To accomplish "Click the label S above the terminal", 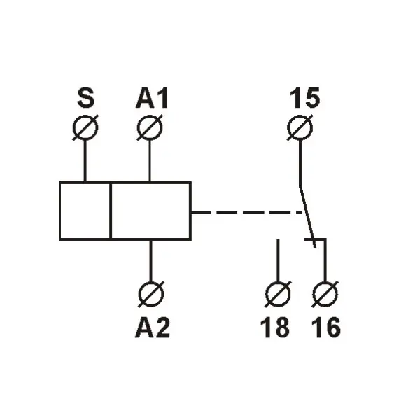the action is tap(86, 97).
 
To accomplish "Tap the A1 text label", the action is tap(152, 98).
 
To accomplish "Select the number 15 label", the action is tap(305, 97).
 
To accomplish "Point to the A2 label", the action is tap(153, 328).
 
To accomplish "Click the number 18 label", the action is tap(275, 328).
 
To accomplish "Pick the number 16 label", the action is tap(326, 328).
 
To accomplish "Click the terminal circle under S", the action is tap(85, 127).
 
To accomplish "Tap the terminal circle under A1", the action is tap(150, 127).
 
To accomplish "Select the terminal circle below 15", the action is tap(300, 127).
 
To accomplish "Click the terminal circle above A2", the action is tap(151, 294).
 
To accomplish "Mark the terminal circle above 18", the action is tap(278, 294).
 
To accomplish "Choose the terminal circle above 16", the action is tap(325, 294).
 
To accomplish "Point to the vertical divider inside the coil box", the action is tap(111, 211).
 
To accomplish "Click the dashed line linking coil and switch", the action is tap(247, 212).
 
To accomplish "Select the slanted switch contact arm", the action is tap(308, 217).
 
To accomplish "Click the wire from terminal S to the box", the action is tap(85, 161).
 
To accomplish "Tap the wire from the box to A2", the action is tap(150, 260).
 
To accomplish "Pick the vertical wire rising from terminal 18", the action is tap(278, 260).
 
